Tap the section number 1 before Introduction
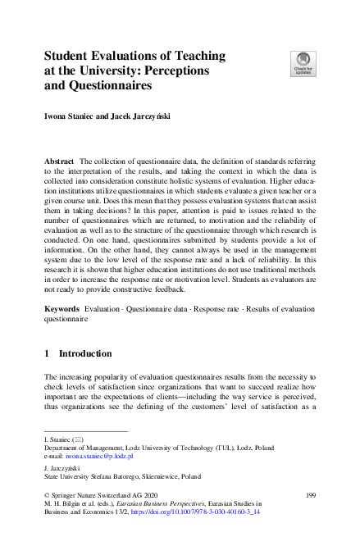[x=48, y=353]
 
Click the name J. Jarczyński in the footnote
[x=66, y=466]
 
